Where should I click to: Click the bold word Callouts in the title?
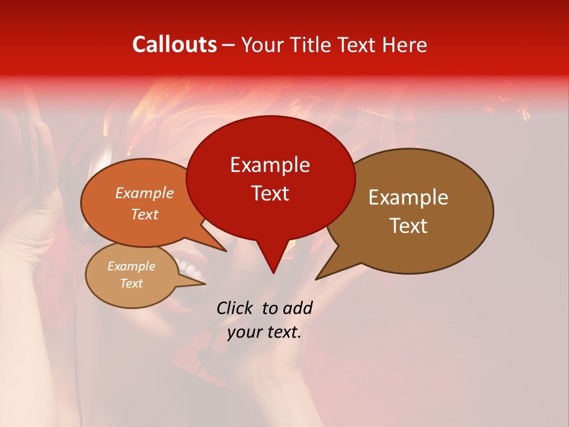click(175, 44)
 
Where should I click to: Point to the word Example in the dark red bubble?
click(270, 165)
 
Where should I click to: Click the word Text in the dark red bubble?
click(270, 193)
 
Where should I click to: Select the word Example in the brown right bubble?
click(408, 197)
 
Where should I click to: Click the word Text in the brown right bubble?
click(409, 226)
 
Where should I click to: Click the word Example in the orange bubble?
click(145, 193)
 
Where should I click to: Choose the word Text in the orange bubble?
click(145, 214)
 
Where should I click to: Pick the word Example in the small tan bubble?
click(132, 266)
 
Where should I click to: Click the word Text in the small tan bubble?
click(132, 283)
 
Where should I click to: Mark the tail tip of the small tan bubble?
click(204, 283)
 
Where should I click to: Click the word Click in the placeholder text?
click(236, 308)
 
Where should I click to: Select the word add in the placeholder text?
click(297, 308)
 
